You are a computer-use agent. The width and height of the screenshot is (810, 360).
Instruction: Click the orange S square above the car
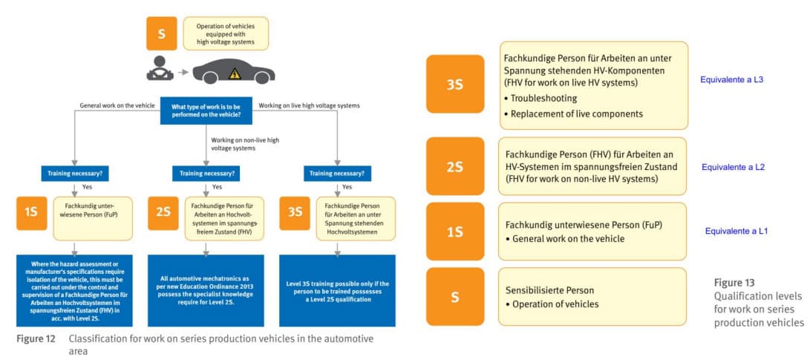[x=161, y=33]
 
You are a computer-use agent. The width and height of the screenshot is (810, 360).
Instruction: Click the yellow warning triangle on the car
[x=235, y=73]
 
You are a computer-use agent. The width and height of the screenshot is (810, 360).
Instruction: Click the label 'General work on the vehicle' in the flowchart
[x=117, y=106]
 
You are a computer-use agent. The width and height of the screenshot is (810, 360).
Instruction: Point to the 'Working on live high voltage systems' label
[x=307, y=106]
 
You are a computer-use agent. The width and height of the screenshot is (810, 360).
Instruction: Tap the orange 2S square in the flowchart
[x=163, y=212]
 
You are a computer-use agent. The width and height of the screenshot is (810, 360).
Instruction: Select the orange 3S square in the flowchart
[x=295, y=212]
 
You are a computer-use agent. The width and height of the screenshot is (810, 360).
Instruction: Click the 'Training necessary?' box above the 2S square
[x=205, y=175]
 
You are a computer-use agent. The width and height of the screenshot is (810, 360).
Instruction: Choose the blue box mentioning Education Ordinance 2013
[x=206, y=289]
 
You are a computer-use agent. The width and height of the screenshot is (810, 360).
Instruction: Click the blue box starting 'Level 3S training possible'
[x=337, y=289]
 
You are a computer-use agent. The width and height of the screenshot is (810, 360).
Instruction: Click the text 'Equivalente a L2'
[x=733, y=167]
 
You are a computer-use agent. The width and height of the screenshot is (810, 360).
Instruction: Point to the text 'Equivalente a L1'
[x=734, y=231]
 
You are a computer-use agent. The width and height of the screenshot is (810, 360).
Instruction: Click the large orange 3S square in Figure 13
[x=455, y=84]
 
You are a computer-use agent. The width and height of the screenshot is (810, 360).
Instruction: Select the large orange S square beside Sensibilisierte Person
[x=455, y=297]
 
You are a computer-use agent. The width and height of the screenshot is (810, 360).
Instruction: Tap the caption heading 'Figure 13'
[x=734, y=283]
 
